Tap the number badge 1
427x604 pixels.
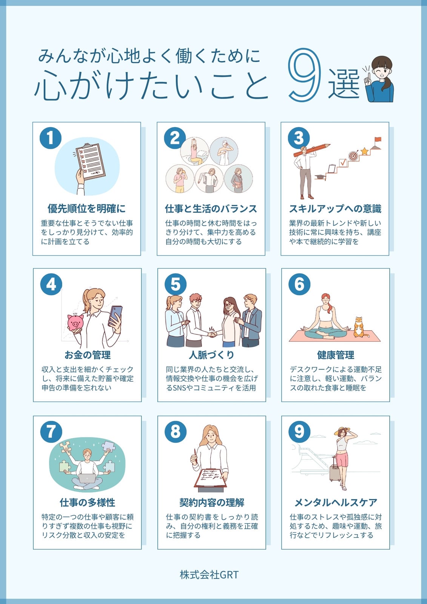tap(51, 138)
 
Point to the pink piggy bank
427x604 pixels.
tap(75, 323)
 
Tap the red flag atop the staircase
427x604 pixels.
tap(377, 140)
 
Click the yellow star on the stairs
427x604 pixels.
tap(364, 151)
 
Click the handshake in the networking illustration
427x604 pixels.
tap(213, 334)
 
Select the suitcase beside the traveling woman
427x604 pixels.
tap(335, 471)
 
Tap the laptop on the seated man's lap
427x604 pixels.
tap(87, 478)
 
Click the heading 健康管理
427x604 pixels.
tap(336, 355)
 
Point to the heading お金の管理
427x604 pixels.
tap(87, 355)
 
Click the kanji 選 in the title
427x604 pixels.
tap(344, 83)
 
